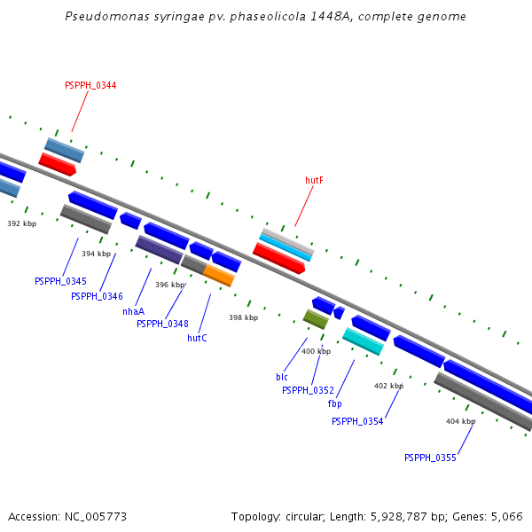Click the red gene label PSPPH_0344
click(90, 85)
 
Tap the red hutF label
click(314, 180)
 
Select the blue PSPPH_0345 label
click(60, 281)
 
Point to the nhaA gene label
click(134, 311)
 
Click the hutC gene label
click(197, 338)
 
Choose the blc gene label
click(282, 377)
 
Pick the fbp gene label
click(335, 403)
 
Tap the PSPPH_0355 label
click(431, 458)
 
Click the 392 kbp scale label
click(22, 223)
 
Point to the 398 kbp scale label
click(244, 317)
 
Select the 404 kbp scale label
click(461, 421)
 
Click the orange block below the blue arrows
click(219, 276)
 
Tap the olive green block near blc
click(316, 319)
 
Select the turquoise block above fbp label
click(363, 341)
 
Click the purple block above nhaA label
click(160, 250)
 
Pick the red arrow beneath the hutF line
click(279, 258)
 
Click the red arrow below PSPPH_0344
click(58, 165)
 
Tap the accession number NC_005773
click(96, 517)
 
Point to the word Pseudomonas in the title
click(107, 16)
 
